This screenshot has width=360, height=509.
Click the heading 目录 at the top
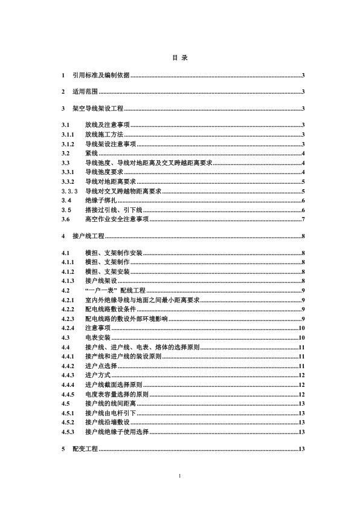[180, 58]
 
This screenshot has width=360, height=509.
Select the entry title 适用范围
[85, 92]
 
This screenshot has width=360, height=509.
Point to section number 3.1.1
[68, 134]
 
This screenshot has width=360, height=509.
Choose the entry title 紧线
[91, 154]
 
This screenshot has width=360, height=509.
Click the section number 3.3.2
[68, 181]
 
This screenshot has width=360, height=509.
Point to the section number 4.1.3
[68, 282]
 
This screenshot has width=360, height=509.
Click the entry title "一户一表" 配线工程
[115, 291]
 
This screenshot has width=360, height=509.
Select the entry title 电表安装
[97, 337]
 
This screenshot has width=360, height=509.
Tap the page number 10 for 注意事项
[301, 328]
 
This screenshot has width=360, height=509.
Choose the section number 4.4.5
[68, 394]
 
